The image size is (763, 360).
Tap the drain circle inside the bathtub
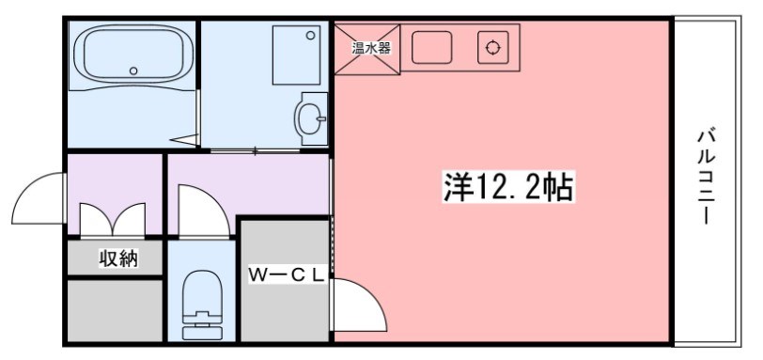click(133, 70)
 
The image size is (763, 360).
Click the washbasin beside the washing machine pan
click(311, 118)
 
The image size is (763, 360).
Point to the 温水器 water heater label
click(370, 47)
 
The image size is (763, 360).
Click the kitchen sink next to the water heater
click(431, 47)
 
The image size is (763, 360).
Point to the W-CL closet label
click(286, 274)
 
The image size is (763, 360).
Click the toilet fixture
click(199, 303)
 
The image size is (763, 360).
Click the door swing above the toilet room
click(199, 211)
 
